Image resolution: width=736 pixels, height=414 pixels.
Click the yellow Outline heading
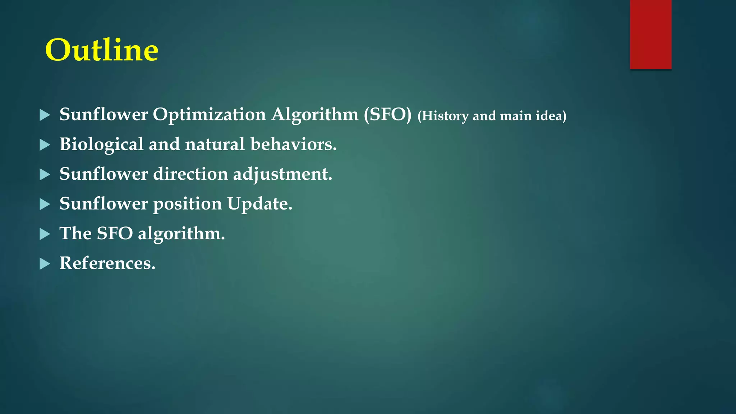(102, 50)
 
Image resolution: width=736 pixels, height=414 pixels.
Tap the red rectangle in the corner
(650, 34)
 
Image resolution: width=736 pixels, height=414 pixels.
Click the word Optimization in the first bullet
(209, 115)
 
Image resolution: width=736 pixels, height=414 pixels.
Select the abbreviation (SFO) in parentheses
(387, 115)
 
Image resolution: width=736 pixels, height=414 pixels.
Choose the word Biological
(101, 145)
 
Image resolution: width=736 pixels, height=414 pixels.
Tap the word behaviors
(293, 144)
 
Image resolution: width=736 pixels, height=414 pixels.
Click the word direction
(190, 174)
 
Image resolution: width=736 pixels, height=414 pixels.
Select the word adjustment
(282, 175)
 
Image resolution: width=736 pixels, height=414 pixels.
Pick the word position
(187, 204)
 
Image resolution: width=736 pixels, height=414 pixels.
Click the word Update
(259, 204)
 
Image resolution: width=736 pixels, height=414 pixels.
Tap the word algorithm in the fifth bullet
(181, 234)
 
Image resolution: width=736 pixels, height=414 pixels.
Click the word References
(107, 263)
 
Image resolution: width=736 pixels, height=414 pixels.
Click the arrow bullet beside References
(45, 264)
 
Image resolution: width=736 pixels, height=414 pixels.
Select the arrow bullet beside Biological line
(45, 145)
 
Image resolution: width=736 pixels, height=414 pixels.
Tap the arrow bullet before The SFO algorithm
(45, 234)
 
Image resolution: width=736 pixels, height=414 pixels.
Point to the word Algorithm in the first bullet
(314, 115)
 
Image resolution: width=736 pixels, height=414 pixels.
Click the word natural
(215, 144)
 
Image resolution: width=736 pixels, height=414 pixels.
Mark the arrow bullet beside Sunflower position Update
(45, 204)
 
